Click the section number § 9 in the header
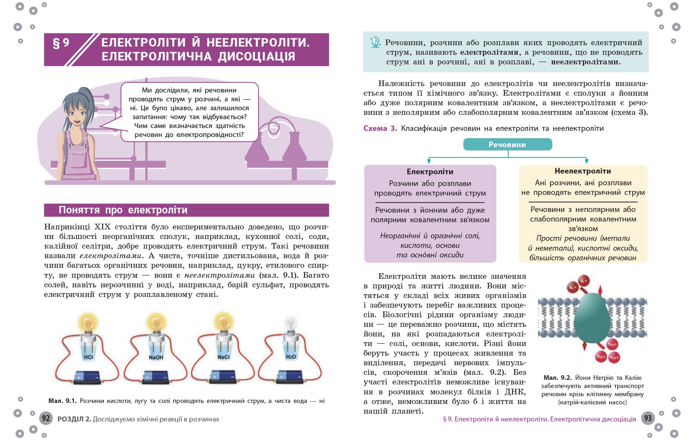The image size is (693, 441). [x=61, y=43]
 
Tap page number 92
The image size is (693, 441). [x=46, y=418]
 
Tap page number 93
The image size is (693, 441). [x=648, y=418]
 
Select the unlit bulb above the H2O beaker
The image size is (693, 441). [x=291, y=324]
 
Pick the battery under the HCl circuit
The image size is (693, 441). [x=87, y=377]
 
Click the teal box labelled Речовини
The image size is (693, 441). [x=507, y=144]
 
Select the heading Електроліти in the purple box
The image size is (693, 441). [x=430, y=172]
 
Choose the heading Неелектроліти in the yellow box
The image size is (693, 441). [x=582, y=171]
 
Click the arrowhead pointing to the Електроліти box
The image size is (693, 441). [x=429, y=161]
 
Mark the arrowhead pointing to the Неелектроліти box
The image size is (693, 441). [x=586, y=161]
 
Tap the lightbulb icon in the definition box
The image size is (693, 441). [x=375, y=42]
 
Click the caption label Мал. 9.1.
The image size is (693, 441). [x=62, y=401]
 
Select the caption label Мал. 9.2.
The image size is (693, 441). [x=557, y=378]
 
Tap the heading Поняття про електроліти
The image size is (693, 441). [x=123, y=210]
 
